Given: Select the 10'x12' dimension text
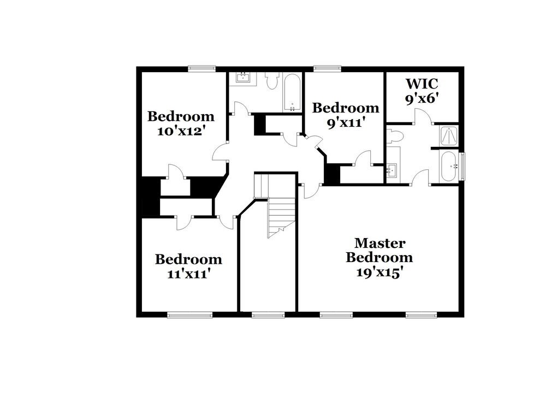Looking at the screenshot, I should click(x=181, y=132).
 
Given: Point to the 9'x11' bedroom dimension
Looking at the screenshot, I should click(x=345, y=123).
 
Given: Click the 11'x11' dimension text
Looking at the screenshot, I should click(x=188, y=274).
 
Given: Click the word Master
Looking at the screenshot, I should click(x=379, y=242).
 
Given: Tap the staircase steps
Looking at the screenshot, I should click(x=281, y=215).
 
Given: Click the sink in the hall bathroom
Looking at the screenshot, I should click(x=242, y=78).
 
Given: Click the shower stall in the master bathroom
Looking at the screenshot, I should click(x=449, y=136).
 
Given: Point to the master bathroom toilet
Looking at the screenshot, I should click(x=395, y=136).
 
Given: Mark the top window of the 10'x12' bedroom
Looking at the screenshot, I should click(x=202, y=68).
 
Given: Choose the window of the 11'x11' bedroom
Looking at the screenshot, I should click(x=189, y=315).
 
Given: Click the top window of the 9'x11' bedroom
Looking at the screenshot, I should click(x=328, y=68).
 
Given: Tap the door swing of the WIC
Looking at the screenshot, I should click(x=423, y=116).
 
